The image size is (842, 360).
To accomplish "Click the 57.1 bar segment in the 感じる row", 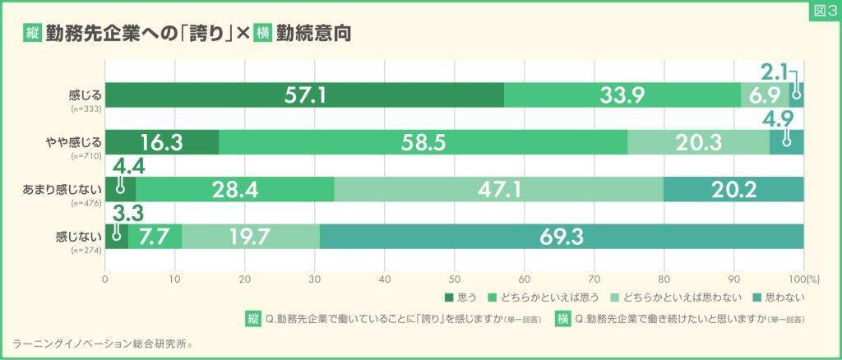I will coord(305,95).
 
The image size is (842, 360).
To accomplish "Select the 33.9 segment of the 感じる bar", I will coord(622,95).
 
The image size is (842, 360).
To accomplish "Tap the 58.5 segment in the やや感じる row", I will coord(423,142).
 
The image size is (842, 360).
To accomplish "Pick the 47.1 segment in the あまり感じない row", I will coord(498,190).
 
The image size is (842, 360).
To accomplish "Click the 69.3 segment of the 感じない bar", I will coord(562,237).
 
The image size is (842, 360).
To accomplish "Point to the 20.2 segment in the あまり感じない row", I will coord(733,190).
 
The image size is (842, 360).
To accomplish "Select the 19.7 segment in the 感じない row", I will coord(250,237).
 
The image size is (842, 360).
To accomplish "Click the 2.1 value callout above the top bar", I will coord(775,71).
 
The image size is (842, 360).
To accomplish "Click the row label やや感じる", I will coord(72,140).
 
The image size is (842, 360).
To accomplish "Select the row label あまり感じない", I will coord(61,187).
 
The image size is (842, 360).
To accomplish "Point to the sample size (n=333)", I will coord(85,108).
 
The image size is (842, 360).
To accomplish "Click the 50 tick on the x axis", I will coord(455,279).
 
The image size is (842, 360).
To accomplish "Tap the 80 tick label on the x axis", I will coord(664,279).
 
